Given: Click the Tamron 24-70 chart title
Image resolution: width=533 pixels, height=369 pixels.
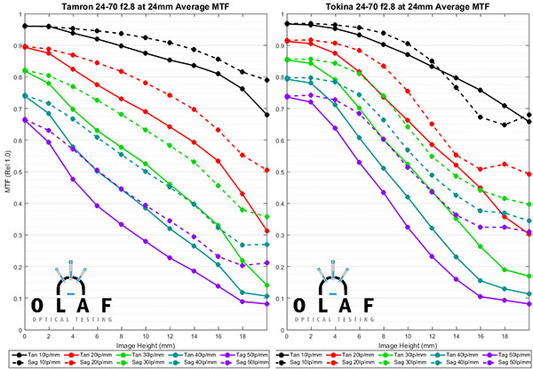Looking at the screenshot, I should (x=146, y=7).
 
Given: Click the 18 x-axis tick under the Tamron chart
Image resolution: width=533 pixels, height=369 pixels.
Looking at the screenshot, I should (x=243, y=338).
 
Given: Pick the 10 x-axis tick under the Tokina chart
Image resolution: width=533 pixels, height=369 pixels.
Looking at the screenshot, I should (x=409, y=338).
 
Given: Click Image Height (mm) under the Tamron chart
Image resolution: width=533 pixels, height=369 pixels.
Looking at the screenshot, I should (x=146, y=348).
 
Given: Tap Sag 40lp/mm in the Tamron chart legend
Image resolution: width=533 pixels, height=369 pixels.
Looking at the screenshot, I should (x=202, y=365).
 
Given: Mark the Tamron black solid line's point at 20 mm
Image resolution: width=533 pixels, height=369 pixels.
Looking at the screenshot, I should (x=266, y=115).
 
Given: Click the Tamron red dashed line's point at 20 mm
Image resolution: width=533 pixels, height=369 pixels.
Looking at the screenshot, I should (x=266, y=170).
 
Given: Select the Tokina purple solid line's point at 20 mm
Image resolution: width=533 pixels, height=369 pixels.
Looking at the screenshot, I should (x=530, y=304).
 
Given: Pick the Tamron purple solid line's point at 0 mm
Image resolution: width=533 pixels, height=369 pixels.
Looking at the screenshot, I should (x=25, y=120).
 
